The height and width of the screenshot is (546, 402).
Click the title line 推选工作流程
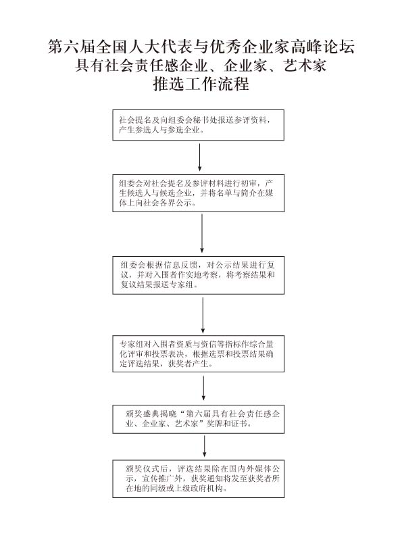[201, 84]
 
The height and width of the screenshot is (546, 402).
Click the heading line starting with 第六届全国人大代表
[201, 47]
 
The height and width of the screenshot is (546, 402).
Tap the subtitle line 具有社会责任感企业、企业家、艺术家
[201, 66]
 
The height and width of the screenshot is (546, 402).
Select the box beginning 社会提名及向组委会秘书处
[199, 125]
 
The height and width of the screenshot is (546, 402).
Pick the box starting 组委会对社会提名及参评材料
[199, 193]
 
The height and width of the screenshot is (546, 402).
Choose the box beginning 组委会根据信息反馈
[199, 276]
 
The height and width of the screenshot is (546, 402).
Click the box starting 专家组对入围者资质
[199, 354]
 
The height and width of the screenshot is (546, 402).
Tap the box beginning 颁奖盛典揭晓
[199, 419]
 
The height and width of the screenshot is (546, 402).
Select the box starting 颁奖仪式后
[199, 479]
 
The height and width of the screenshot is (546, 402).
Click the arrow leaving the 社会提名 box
[200, 157]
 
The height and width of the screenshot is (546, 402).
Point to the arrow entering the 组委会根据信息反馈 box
[202, 233]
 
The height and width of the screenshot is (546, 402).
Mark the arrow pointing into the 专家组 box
[203, 315]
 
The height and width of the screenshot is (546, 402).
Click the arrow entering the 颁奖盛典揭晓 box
[203, 389]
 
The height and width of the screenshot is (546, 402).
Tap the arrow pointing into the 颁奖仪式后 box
[204, 446]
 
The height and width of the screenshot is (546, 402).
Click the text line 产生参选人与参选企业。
[161, 130]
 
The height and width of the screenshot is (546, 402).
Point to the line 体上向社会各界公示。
[157, 203]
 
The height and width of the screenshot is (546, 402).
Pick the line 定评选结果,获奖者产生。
[166, 364]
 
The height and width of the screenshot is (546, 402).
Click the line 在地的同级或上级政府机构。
[176, 488]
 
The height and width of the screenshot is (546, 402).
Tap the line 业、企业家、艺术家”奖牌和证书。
[189, 424]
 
